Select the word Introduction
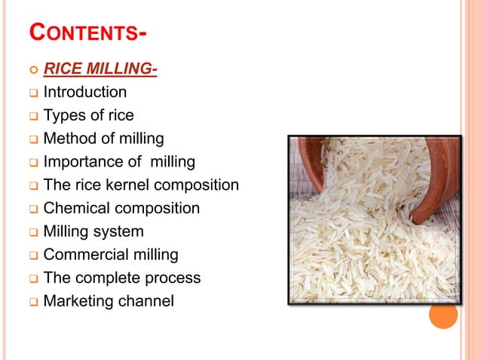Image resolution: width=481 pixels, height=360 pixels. click(x=85, y=93)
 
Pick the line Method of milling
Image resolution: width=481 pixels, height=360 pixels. click(x=103, y=139)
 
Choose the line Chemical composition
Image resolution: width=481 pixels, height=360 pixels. click(x=121, y=208)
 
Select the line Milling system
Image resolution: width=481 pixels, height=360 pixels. click(x=93, y=231)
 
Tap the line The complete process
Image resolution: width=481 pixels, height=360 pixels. click(x=122, y=278)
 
